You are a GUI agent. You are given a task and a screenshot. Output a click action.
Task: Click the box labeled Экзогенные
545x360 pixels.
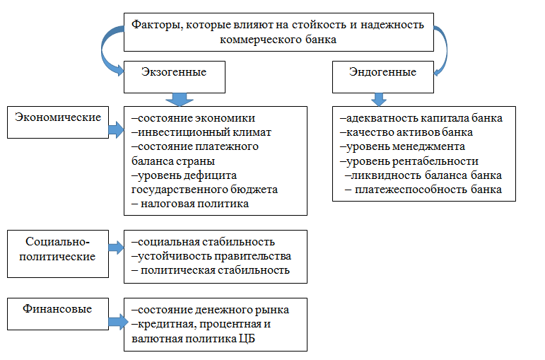pos(175,77)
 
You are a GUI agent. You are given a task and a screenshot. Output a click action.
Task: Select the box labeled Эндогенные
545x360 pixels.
pos(383,77)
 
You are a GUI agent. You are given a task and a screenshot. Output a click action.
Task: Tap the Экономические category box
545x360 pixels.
pos(58,122)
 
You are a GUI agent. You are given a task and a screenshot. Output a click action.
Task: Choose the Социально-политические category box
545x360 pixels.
pos(58,254)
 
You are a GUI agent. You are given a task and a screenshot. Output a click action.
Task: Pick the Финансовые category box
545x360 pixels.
pos(58,314)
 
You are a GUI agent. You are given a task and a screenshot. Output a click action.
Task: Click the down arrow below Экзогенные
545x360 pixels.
pos(180,100)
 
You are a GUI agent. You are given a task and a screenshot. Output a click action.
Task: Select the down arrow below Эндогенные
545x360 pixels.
pos(379,100)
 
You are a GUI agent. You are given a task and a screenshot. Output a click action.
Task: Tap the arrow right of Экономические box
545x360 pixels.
pos(116,129)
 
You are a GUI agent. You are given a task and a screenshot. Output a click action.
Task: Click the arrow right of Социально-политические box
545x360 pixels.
pos(116,248)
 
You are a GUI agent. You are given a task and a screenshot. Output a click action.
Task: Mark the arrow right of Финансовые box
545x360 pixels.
pos(118,322)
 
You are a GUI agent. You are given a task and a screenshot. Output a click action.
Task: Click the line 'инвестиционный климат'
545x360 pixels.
pos(201,132)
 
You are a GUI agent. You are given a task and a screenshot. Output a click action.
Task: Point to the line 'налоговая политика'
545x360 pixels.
pos(190,204)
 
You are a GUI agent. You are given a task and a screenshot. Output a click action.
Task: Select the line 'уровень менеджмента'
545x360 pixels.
pos(402,147)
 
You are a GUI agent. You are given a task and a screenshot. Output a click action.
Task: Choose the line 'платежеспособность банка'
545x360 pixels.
pos(423,190)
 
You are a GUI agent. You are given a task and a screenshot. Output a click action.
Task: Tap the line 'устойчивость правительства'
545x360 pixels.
pos(211,256)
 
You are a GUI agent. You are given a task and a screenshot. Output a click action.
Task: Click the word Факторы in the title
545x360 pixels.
pos(157,25)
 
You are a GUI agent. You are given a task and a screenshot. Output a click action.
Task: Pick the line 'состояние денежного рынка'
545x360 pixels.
pos(210,310)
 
